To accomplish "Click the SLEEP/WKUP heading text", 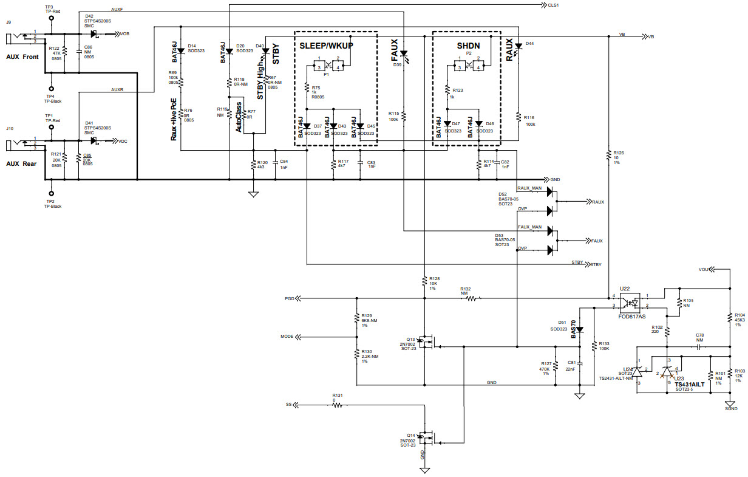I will click(x=326, y=46).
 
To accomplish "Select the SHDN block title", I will click(x=469, y=46).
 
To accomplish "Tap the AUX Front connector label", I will click(x=22, y=57).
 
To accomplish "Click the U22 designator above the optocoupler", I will click(x=625, y=288).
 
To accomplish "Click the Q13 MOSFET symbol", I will click(x=426, y=343).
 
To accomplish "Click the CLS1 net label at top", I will click(x=553, y=5).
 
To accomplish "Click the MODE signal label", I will click(x=287, y=337).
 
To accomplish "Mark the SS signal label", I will click(x=288, y=404).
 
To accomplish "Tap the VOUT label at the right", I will click(x=704, y=269).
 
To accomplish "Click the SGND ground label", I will click(x=731, y=409).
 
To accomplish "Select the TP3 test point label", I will click(x=49, y=7).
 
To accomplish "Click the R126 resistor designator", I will click(x=619, y=153).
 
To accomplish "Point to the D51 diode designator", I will click(x=563, y=323).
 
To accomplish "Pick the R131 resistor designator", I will click(x=338, y=395).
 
